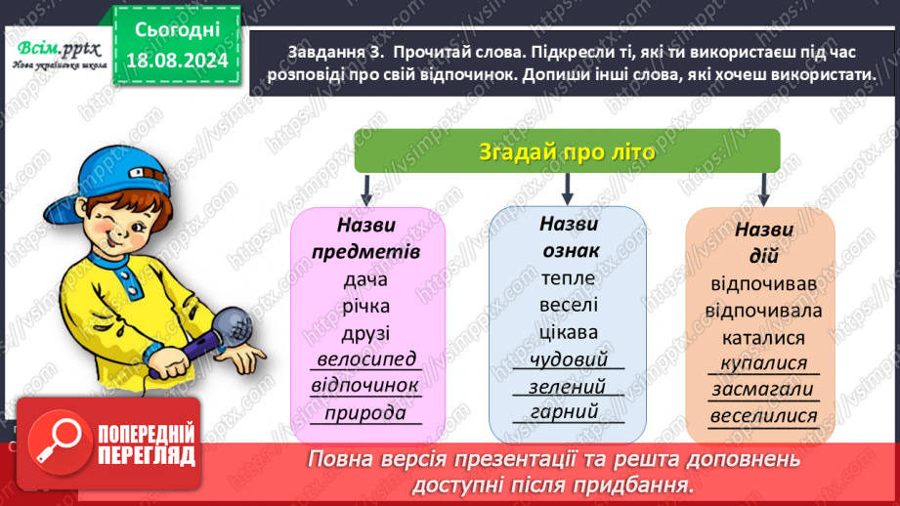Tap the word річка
coord(366,306)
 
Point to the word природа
coord(366,411)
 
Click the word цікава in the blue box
coord(568,331)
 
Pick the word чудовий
coord(568,358)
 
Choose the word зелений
coord(568,386)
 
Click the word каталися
coord(764,338)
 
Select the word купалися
coord(764,363)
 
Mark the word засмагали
coord(764,390)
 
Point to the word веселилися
coord(764,416)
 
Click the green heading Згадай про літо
coord(567,152)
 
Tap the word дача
coord(366,280)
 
